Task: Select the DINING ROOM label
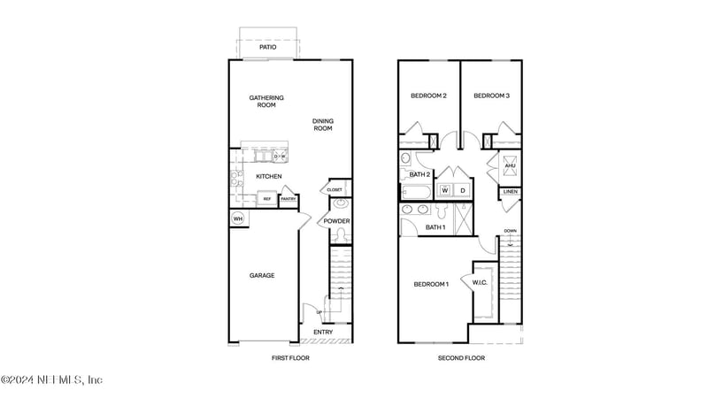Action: click(x=323, y=125)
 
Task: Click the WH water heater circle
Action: click(x=238, y=218)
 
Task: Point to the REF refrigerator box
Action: click(x=265, y=199)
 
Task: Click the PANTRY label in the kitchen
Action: click(x=288, y=199)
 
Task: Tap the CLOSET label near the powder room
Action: click(x=335, y=189)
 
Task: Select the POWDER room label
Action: click(x=336, y=221)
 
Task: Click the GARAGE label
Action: click(x=261, y=275)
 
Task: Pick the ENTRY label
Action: click(x=323, y=332)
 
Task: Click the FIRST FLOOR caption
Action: click(x=291, y=358)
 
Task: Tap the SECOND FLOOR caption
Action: click(x=461, y=358)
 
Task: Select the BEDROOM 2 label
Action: click(x=428, y=96)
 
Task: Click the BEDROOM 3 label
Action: click(x=491, y=96)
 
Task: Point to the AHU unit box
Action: click(x=510, y=165)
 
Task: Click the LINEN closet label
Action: click(x=511, y=192)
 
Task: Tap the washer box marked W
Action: click(x=446, y=190)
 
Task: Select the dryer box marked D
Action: click(x=462, y=190)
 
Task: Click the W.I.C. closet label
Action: click(x=481, y=282)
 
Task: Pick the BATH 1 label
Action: click(x=435, y=227)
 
